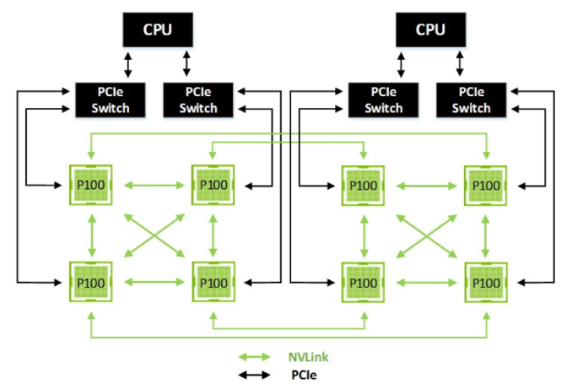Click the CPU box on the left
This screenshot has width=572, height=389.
tap(156, 30)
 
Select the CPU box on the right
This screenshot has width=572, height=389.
tap(430, 30)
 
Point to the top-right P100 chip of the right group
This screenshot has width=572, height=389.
tap(487, 185)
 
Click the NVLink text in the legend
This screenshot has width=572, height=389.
tap(310, 357)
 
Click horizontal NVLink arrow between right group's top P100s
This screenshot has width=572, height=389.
tap(426, 185)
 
